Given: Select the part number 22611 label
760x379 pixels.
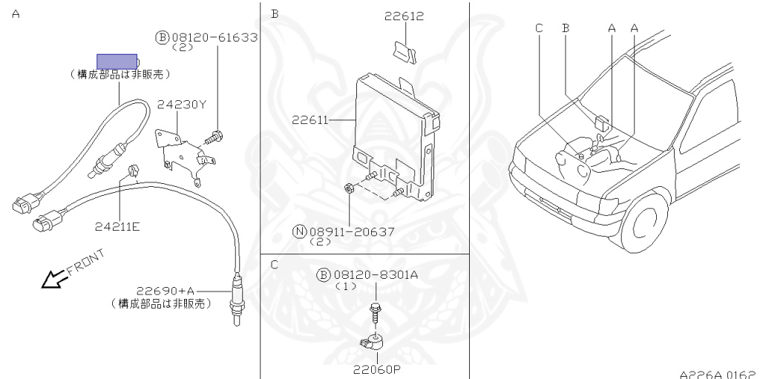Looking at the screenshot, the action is (x=309, y=118).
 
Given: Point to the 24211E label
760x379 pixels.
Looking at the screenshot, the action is (x=117, y=226).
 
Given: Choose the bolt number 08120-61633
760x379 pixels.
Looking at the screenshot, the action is (x=214, y=37).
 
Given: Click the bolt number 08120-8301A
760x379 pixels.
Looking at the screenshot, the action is (x=374, y=275).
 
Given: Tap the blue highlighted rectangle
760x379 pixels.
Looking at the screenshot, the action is (x=117, y=61).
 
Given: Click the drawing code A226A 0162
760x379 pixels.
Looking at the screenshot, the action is (x=717, y=374).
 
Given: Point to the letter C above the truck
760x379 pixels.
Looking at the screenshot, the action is (x=539, y=27).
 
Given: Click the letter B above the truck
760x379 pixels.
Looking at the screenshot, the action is (x=566, y=27).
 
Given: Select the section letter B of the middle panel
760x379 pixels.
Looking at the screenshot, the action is (x=275, y=13).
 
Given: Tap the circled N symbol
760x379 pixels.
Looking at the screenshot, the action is (x=299, y=231).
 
